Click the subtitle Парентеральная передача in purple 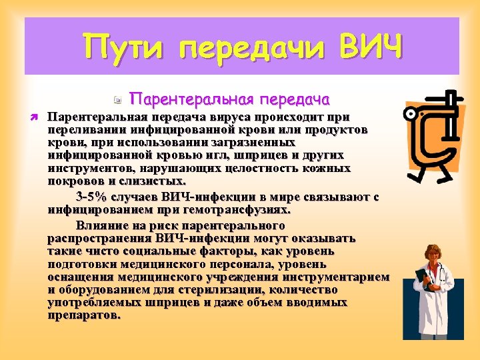(230, 99)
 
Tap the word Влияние (99, 225)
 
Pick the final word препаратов (85, 315)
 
